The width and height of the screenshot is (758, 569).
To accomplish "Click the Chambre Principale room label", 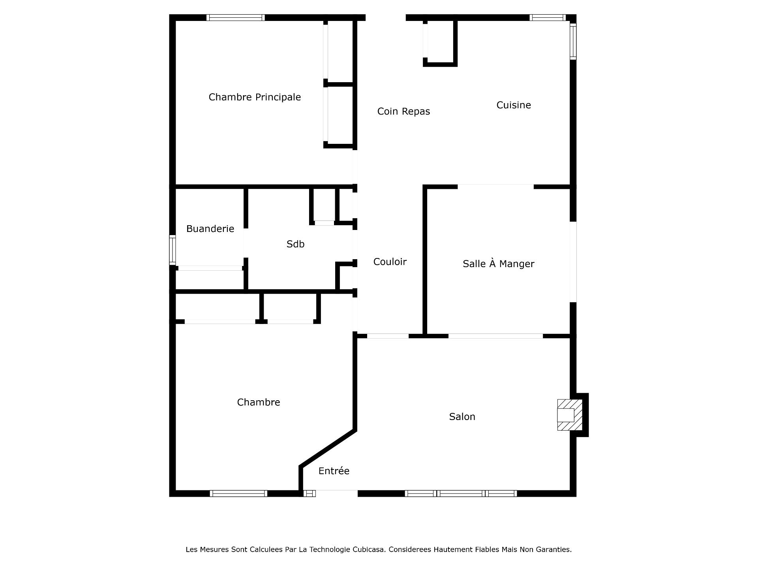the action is pyautogui.click(x=255, y=97).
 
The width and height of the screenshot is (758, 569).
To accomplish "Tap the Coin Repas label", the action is pyautogui.click(x=403, y=111).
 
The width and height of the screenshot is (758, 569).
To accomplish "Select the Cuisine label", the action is pyautogui.click(x=514, y=105).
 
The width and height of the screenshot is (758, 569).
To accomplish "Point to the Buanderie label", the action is pyautogui.click(x=210, y=229).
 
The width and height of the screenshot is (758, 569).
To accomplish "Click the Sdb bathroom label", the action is pyautogui.click(x=295, y=244).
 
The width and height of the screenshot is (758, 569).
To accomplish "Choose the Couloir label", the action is pyautogui.click(x=390, y=262).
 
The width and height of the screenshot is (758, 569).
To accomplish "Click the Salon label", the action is pyautogui.click(x=462, y=416).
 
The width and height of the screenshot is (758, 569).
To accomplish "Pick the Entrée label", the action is pyautogui.click(x=334, y=471).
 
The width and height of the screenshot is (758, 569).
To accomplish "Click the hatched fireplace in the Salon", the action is pyautogui.click(x=570, y=415).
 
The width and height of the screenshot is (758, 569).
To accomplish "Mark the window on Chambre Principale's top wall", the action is pyautogui.click(x=236, y=17).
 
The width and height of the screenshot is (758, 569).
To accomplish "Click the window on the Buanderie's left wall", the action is pyautogui.click(x=173, y=250).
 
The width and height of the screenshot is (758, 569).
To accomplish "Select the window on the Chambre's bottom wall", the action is pyautogui.click(x=238, y=493).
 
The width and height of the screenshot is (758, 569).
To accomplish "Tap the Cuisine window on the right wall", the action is pyautogui.click(x=573, y=41).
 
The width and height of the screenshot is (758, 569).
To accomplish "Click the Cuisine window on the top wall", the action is pyautogui.click(x=548, y=17).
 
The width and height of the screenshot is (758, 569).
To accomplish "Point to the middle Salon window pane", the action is pyautogui.click(x=461, y=493).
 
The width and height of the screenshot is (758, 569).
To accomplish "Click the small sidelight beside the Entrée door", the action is pyautogui.click(x=310, y=493).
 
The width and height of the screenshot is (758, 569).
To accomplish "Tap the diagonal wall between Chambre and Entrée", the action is pyautogui.click(x=328, y=448).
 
